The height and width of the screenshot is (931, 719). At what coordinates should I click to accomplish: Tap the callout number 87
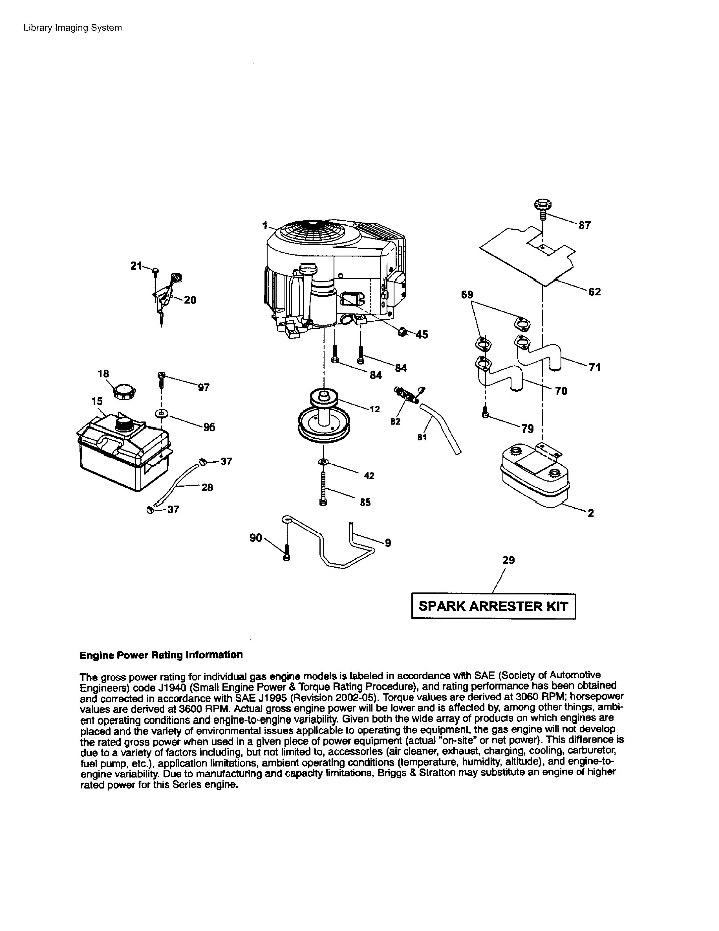tap(585, 225)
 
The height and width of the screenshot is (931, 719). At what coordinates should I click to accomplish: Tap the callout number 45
tap(422, 335)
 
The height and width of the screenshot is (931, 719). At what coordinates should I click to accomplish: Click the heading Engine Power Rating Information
tap(161, 655)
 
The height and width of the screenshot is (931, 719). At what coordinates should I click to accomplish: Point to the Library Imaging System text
tap(72, 28)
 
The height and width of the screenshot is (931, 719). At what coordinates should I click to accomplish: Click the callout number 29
tap(508, 560)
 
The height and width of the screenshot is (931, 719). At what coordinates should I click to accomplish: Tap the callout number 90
tap(255, 538)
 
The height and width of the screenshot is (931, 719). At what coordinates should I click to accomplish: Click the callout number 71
tap(595, 367)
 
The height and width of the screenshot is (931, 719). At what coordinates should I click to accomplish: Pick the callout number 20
tap(190, 300)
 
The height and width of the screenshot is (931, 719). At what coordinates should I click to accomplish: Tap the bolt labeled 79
tap(485, 413)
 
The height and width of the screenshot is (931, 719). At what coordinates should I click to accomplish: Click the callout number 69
tap(467, 295)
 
